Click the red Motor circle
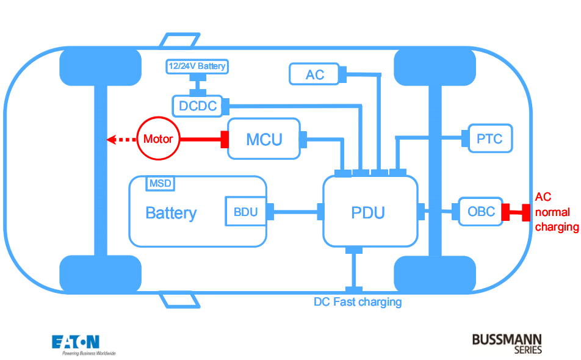(x=158, y=139)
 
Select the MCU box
(x=264, y=139)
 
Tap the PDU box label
(x=368, y=212)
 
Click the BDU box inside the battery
(x=245, y=212)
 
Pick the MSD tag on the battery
(x=160, y=182)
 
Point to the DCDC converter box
(x=198, y=106)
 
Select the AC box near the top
(x=314, y=74)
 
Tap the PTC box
(x=489, y=139)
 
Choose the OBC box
(x=481, y=212)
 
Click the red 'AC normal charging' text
(x=556, y=212)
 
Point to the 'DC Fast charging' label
(x=358, y=301)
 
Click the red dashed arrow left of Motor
(x=121, y=140)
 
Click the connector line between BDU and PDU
(x=295, y=212)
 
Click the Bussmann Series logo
(x=507, y=342)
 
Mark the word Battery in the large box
(x=171, y=213)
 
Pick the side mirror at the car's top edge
(x=180, y=40)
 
